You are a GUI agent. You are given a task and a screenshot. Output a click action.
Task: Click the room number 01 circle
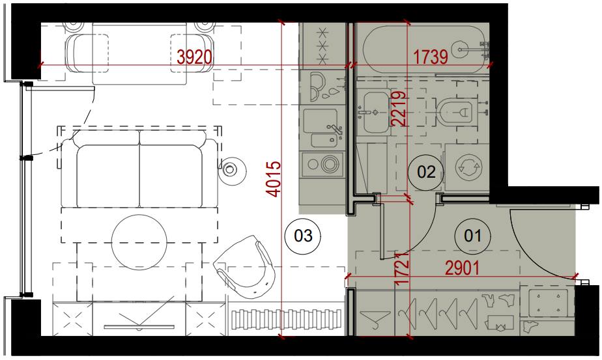click(472, 236)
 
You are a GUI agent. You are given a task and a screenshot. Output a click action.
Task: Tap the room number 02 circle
click(426, 172)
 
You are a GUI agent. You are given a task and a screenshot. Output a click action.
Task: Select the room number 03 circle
click(303, 236)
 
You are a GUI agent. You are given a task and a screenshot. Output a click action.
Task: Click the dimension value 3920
click(194, 57)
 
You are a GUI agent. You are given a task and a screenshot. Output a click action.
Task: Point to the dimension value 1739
click(431, 57)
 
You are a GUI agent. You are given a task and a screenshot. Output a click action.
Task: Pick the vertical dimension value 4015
click(274, 179)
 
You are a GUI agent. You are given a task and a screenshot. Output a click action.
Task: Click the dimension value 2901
click(463, 268)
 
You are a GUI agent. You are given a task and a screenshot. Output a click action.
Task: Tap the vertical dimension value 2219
click(399, 109)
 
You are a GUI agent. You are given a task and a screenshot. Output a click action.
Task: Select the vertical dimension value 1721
click(401, 268)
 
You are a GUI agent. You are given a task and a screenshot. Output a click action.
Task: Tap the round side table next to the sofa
click(231, 170)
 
